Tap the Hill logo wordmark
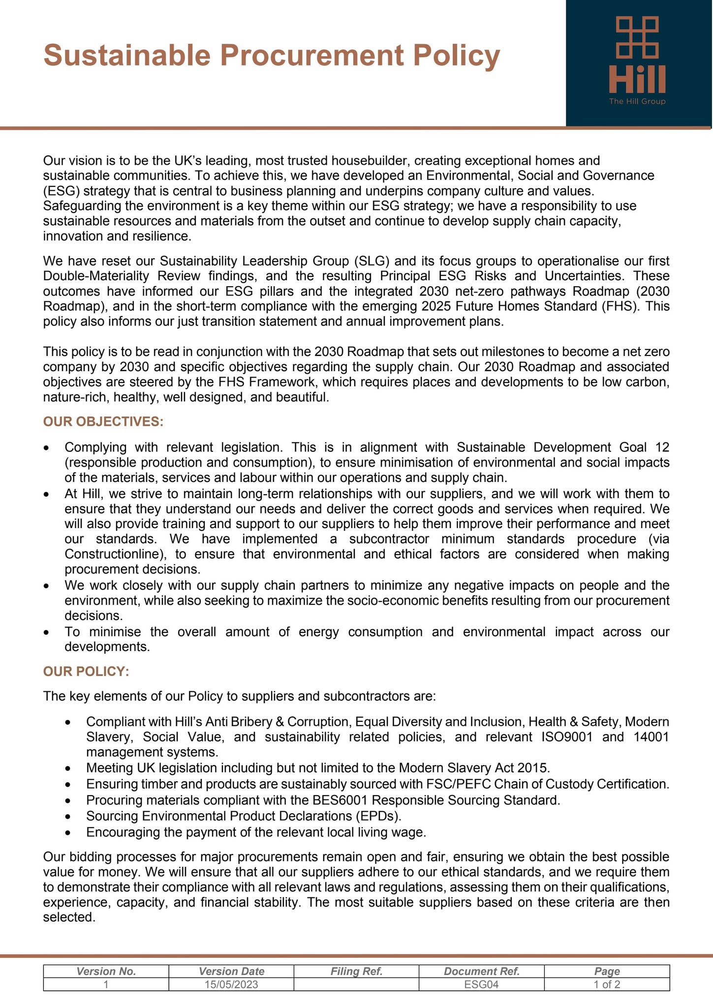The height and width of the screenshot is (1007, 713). click(637, 79)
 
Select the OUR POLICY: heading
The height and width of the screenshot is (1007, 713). click(86, 671)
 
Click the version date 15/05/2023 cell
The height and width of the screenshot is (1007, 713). click(231, 984)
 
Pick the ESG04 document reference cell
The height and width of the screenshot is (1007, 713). click(481, 984)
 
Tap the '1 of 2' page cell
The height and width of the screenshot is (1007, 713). click(607, 984)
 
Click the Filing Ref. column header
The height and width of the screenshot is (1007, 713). click(356, 971)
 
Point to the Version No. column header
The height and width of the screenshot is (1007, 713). click(106, 971)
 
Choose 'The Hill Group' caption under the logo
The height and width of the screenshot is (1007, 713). click(637, 101)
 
